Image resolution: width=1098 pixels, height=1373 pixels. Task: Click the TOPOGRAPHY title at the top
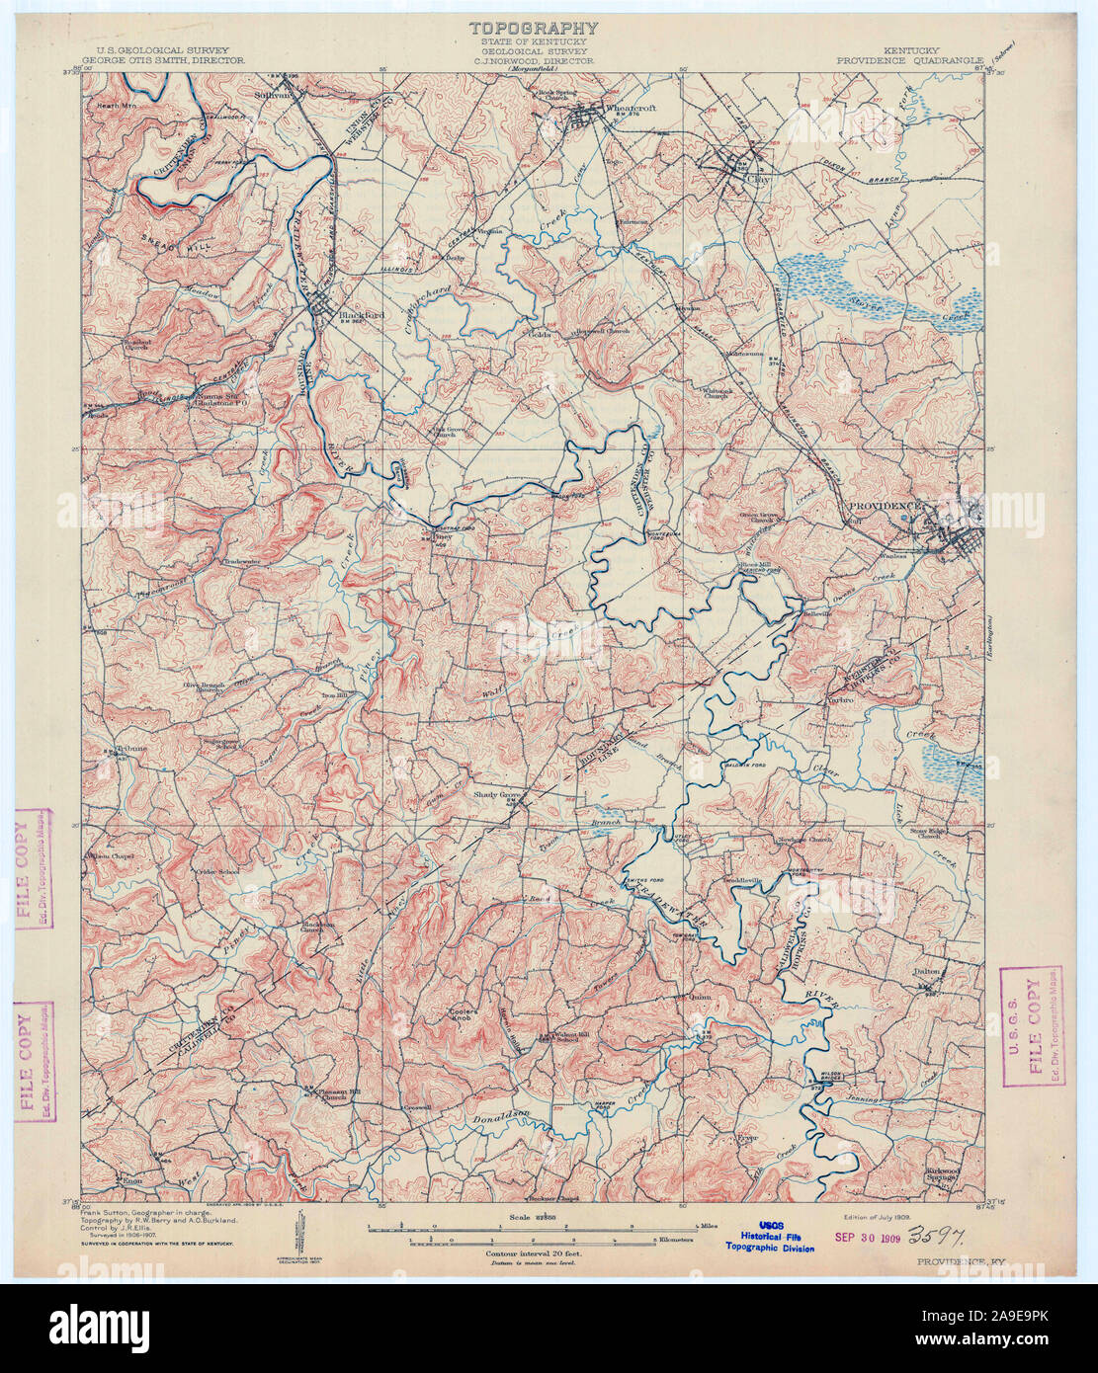(534, 29)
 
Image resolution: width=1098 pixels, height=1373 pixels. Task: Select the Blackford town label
(360, 316)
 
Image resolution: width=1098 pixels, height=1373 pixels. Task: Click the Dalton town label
(926, 972)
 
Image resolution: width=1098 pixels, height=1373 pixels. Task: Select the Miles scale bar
(534, 1226)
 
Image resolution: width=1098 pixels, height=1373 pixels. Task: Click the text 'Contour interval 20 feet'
(534, 1253)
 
